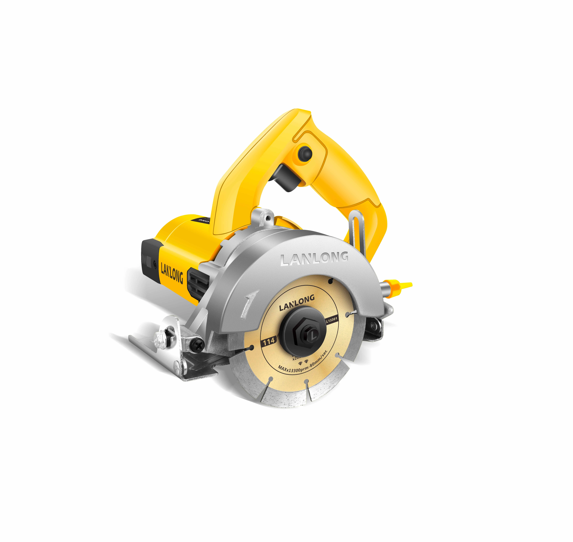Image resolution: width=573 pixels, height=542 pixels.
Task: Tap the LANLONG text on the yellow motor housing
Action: click(172, 273)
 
